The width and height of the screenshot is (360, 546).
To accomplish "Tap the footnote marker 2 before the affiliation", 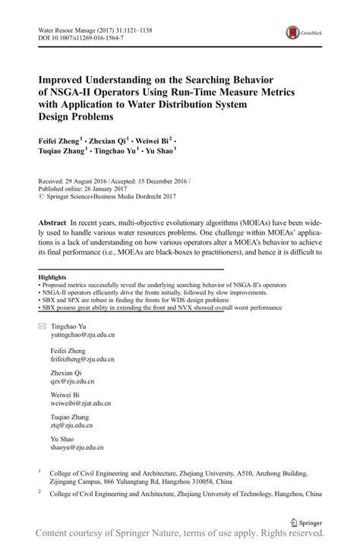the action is point(39,491).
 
